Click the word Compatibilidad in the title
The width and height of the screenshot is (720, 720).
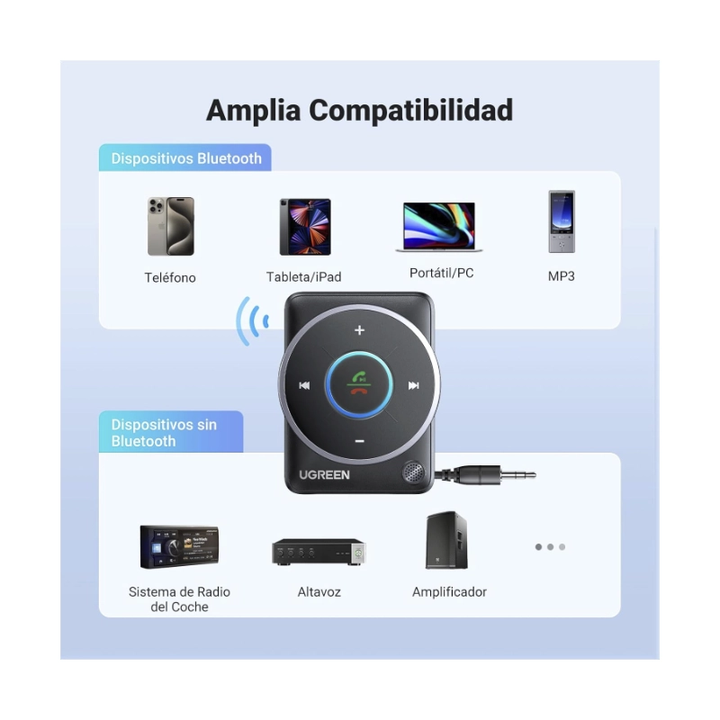click(411, 111)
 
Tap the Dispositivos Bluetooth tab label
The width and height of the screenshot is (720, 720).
click(186, 158)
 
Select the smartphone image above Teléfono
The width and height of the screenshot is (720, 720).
click(171, 226)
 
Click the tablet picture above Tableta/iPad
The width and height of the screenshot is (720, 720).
click(304, 226)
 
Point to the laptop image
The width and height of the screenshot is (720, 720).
click(439, 227)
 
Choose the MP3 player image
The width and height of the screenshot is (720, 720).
click(561, 221)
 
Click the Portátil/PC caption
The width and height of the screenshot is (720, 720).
click(441, 273)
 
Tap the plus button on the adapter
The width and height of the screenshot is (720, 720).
click(359, 330)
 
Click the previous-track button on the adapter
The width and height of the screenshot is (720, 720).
click(305, 386)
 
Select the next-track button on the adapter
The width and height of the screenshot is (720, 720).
click(413, 386)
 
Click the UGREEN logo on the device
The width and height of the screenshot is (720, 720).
click(325, 473)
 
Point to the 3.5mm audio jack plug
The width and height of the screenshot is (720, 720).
click(495, 474)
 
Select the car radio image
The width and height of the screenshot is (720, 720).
click(179, 547)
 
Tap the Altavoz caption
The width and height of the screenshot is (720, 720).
click(319, 592)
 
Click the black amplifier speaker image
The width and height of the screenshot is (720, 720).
click(446, 540)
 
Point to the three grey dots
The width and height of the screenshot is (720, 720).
click(550, 546)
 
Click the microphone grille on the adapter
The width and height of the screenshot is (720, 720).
click(412, 472)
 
